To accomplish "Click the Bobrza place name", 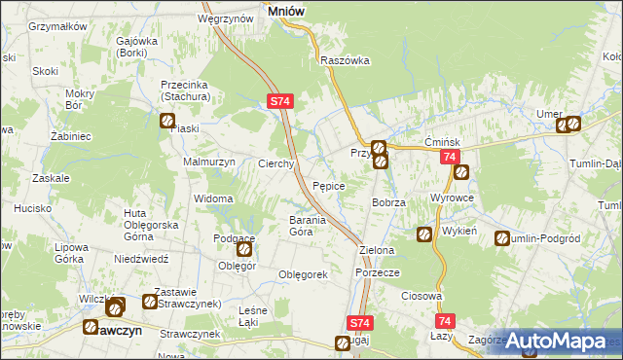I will click(388, 201).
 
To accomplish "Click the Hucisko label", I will click(32, 208).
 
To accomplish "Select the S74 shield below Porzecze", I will click(359, 322).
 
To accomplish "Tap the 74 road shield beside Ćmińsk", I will click(449, 157).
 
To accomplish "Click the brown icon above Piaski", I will click(167, 122).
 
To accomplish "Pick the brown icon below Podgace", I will click(244, 249).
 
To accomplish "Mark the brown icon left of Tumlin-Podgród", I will click(502, 238).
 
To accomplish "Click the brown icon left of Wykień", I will click(424, 234).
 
